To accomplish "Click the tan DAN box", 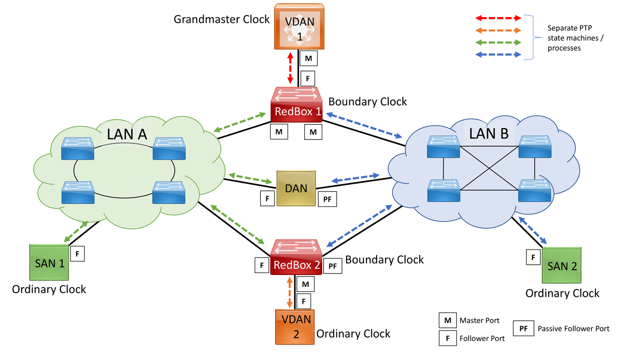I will [x=296, y=188].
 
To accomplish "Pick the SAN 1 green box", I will [x=49, y=263].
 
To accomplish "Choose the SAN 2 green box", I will [x=562, y=266].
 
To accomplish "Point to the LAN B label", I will [x=489, y=133].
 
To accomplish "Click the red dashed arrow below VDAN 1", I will [x=291, y=69].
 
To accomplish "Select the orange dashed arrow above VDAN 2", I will [x=290, y=292].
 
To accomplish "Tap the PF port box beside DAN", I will [x=326, y=199].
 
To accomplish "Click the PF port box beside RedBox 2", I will [x=332, y=266].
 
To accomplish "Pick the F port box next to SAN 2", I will [x=534, y=257].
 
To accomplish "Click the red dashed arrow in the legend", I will [x=498, y=18].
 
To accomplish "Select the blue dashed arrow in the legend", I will [x=498, y=55].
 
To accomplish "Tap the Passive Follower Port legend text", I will [x=573, y=329].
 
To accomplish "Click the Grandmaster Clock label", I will [x=221, y=19].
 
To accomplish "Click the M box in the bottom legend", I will [x=447, y=320].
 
